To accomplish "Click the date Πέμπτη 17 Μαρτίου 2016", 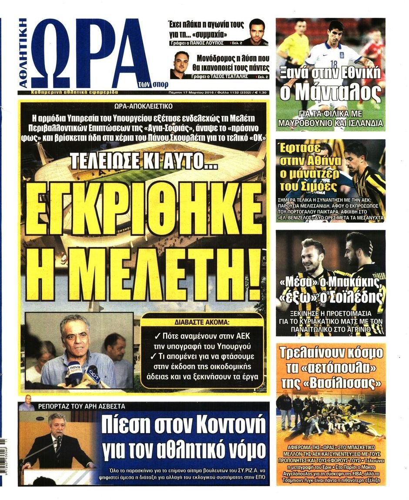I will point(189,92).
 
